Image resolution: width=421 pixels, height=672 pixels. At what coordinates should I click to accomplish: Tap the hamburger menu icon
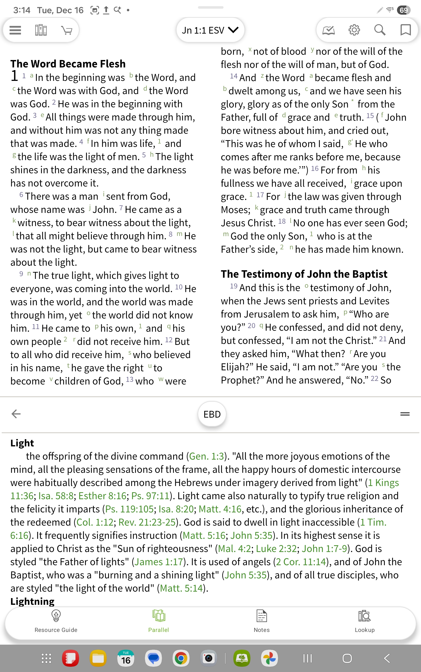(x=15, y=30)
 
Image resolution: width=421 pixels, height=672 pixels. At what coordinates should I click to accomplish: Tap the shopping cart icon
(x=67, y=30)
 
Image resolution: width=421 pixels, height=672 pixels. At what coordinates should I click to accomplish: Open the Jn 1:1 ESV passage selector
(x=210, y=30)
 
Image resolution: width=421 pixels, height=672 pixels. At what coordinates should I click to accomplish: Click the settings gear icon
(x=354, y=30)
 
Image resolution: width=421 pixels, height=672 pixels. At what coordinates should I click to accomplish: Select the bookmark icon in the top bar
(x=405, y=30)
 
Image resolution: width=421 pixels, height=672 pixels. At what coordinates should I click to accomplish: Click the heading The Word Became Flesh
(x=68, y=64)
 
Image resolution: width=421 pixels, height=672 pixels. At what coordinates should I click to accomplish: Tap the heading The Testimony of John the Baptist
(x=304, y=274)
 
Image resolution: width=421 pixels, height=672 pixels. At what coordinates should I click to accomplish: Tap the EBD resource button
(x=212, y=414)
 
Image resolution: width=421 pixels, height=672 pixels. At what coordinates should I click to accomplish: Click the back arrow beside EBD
(x=16, y=414)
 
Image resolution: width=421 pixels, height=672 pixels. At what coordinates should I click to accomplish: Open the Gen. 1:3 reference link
(x=206, y=456)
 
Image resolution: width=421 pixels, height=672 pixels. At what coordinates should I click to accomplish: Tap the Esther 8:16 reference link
(x=102, y=496)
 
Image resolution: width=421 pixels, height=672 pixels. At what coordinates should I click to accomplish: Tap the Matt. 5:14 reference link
(x=181, y=588)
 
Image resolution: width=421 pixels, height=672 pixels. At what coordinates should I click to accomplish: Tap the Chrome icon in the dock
(x=181, y=658)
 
